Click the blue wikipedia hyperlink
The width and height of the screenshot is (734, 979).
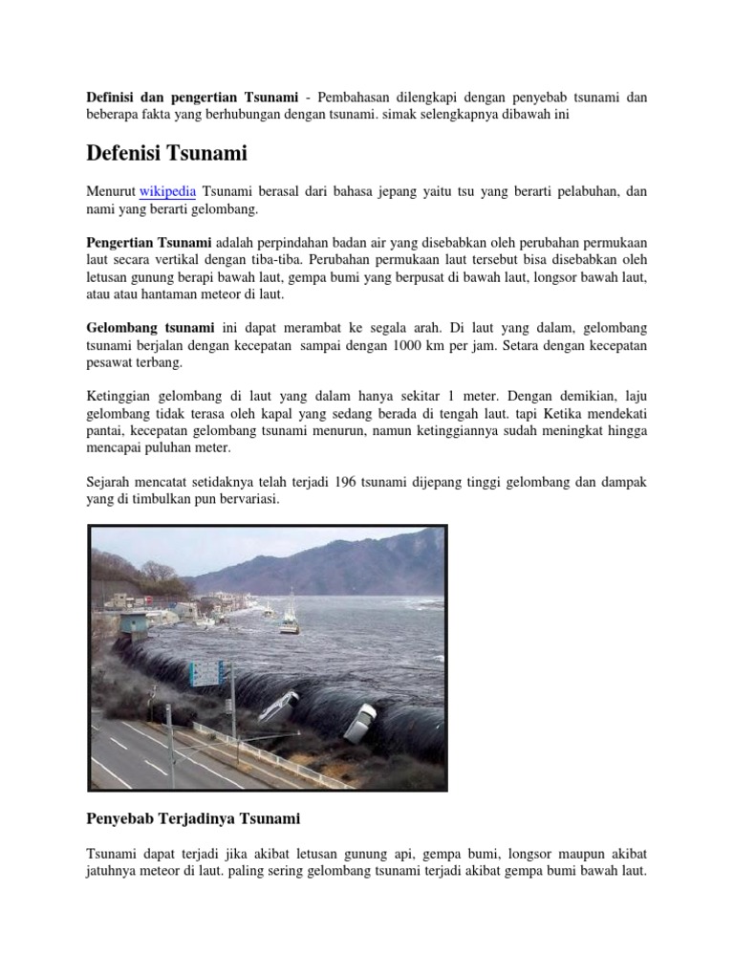[168, 191]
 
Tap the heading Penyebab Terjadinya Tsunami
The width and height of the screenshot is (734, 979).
[193, 818]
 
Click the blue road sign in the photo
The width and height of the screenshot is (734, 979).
[205, 672]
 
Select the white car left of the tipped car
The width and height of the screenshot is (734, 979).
[277, 707]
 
